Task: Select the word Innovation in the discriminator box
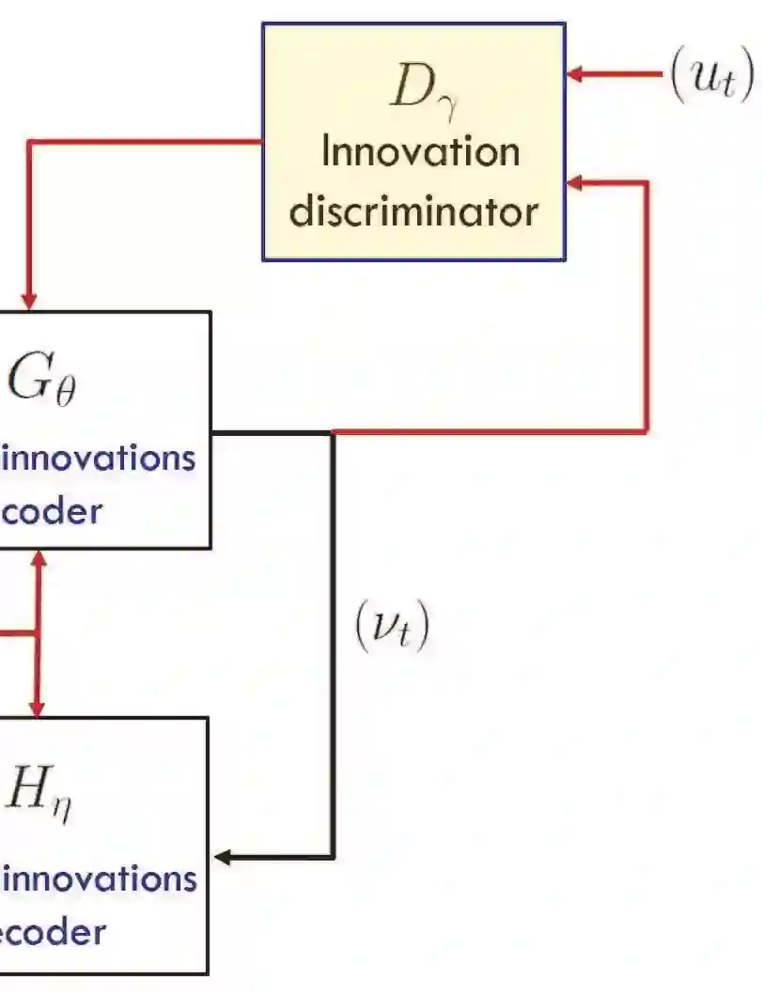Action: point(420,152)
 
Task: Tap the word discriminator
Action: point(413,210)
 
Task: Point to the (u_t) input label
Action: point(710,74)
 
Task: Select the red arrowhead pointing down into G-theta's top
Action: point(29,300)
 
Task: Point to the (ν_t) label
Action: point(391,627)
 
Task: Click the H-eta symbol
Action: point(38,791)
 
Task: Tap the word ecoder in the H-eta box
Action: point(53,932)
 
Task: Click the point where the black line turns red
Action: point(333,432)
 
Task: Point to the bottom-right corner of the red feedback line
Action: point(646,432)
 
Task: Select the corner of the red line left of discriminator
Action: point(29,143)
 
